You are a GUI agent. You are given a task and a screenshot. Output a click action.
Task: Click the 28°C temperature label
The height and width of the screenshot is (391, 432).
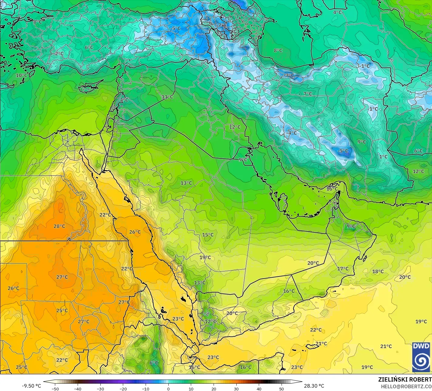(x=59, y=226)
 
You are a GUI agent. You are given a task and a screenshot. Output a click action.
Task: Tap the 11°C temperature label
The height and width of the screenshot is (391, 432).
(x=167, y=97)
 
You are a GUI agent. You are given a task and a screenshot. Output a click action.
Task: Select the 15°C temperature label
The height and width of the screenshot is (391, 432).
(x=208, y=235)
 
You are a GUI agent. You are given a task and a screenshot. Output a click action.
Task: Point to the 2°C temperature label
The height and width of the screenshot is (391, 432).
(x=59, y=53)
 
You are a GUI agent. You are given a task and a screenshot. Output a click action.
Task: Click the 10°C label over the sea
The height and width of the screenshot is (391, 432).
(x=22, y=75)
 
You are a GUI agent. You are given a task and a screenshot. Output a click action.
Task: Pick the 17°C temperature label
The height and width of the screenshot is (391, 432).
(x=343, y=269)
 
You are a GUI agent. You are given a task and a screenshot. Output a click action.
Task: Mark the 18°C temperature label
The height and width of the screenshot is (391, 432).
(x=378, y=271)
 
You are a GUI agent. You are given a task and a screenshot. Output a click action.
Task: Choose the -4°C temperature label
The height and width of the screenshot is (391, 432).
(x=292, y=133)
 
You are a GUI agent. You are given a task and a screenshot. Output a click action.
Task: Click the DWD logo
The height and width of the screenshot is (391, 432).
(x=421, y=357)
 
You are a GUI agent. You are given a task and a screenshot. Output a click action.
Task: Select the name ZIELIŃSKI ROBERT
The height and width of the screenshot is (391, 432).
(x=405, y=379)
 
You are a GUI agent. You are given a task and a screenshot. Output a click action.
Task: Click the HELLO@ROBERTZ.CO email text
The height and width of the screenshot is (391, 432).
(x=406, y=386)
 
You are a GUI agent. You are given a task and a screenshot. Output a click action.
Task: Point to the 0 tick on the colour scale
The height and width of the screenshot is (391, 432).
(x=168, y=389)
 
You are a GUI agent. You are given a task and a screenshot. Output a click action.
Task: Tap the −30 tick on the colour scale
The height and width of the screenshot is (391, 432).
(x=100, y=389)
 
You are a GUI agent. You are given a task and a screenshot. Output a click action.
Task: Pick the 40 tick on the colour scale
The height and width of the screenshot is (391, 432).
(x=259, y=389)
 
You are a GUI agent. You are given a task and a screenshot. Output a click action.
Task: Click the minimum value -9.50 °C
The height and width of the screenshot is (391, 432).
(x=31, y=386)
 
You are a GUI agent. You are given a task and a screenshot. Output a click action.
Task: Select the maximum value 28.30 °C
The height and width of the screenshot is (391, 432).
(x=314, y=386)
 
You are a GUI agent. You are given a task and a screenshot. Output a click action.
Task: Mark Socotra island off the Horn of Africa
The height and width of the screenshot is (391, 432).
(x=313, y=346)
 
